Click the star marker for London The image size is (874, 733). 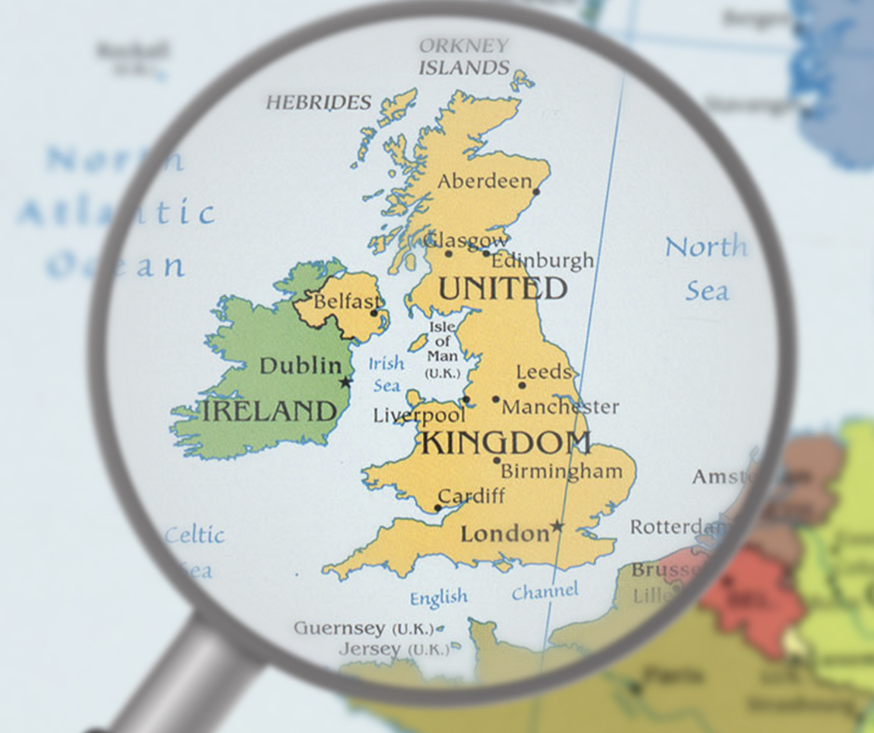point(557,526)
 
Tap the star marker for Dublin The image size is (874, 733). point(346,382)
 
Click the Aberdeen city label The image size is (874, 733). point(484,181)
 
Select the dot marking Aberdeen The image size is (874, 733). point(537,193)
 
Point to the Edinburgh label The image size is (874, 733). point(542,260)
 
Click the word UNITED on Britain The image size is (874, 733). point(502,288)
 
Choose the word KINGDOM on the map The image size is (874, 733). point(506,443)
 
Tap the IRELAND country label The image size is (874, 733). point(270,411)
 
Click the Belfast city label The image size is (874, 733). point(346,302)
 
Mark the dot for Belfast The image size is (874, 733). point(375,313)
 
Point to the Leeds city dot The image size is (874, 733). point(521,385)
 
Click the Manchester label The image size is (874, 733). point(560,407)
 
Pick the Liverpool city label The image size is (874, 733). point(418,416)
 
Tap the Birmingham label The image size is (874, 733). point(562,472)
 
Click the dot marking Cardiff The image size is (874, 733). point(437,509)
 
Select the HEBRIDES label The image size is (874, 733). point(319,102)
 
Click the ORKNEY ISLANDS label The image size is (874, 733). point(464,57)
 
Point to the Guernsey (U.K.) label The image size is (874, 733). point(364,628)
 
